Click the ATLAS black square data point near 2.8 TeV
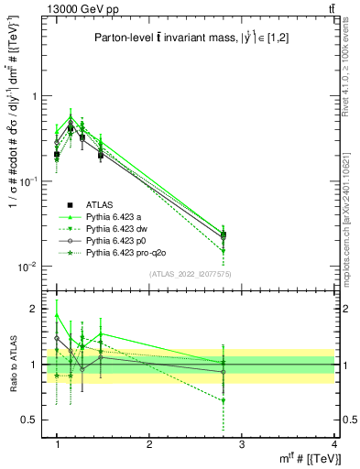[x=224, y=234]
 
